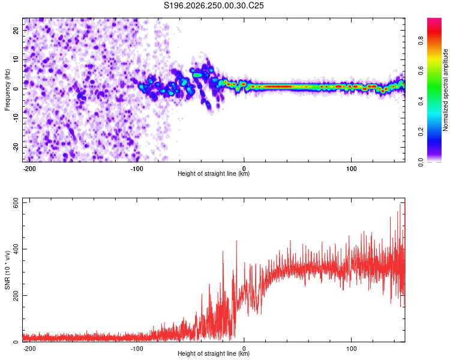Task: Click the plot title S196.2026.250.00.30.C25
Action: (214, 5)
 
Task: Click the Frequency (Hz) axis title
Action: (7, 90)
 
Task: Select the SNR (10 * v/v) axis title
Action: (7, 270)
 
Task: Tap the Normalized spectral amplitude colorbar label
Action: (445, 90)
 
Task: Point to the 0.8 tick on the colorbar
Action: (421, 41)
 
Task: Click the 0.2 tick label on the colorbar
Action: (421, 131)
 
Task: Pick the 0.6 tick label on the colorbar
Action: (421, 71)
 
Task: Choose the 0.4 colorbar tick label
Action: (421, 101)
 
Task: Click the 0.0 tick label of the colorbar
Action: (421, 162)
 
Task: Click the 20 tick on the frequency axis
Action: (16, 30)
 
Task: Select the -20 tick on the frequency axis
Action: (16, 147)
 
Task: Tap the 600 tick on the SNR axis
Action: (16, 205)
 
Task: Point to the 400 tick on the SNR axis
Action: (16, 249)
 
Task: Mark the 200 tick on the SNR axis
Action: (16, 296)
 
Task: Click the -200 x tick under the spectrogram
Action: (29, 169)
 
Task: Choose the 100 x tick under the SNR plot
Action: (351, 349)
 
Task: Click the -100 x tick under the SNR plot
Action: (137, 349)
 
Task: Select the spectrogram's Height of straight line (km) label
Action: (214, 173)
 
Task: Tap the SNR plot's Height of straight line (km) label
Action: (214, 353)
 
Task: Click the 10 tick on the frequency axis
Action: (16, 59)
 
